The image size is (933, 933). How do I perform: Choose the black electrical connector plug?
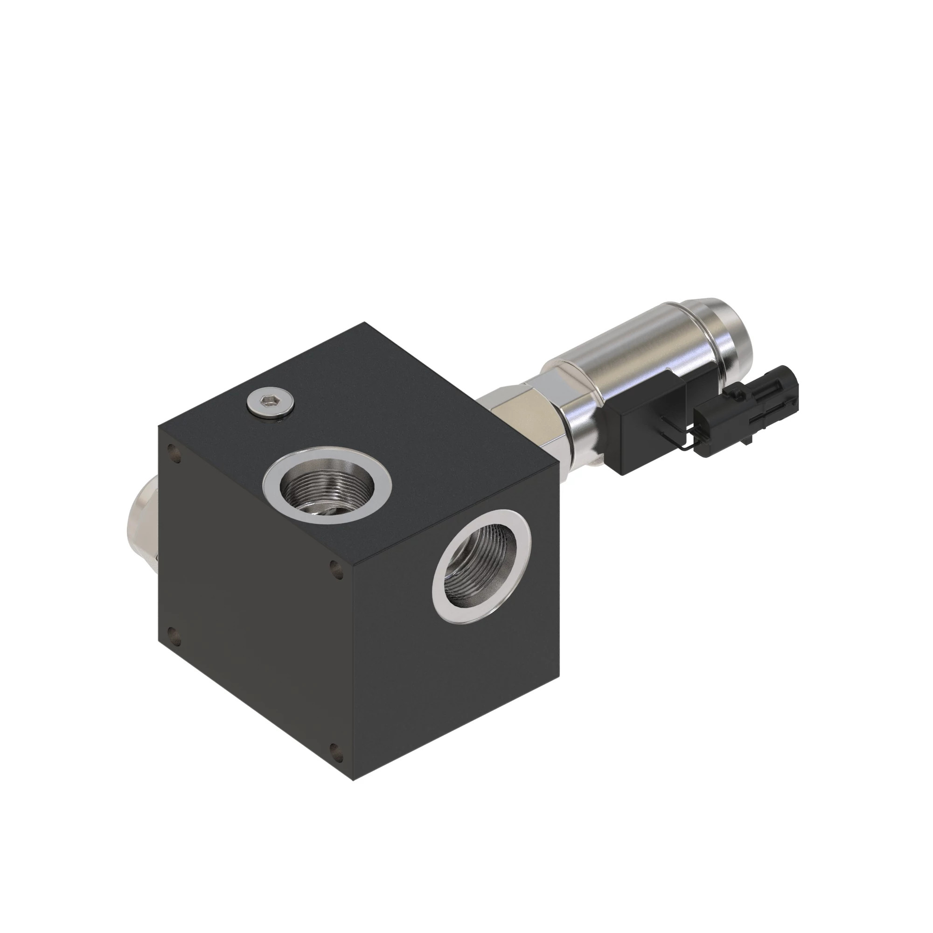[746, 411]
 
